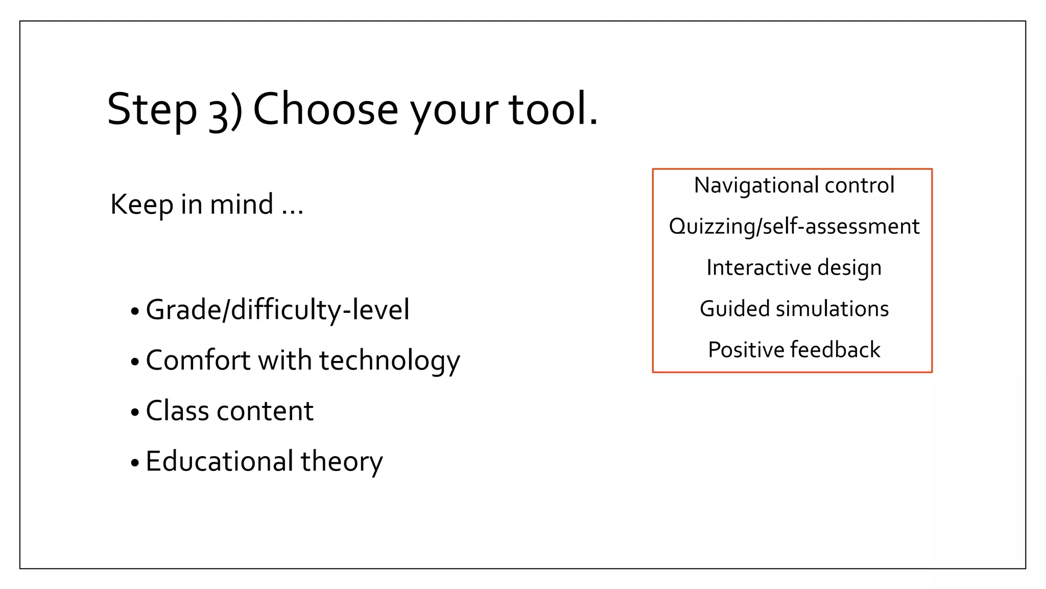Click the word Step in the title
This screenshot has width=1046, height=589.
click(x=152, y=109)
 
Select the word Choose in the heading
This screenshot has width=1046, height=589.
click(x=325, y=109)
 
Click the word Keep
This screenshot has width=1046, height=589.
click(x=141, y=204)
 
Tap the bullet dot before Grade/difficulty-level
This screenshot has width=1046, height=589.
click(x=135, y=311)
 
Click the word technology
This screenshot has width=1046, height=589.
click(x=389, y=361)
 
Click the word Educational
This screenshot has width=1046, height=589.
click(x=218, y=461)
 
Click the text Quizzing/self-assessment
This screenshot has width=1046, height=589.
click(x=794, y=226)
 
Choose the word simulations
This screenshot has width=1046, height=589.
click(x=832, y=309)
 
